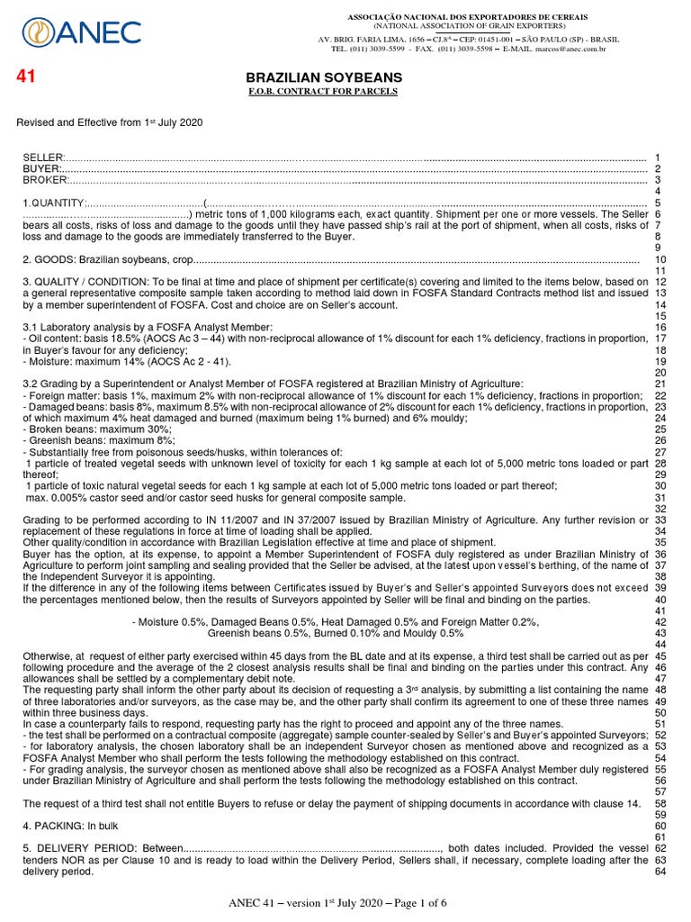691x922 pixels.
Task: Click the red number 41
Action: [x=27, y=77]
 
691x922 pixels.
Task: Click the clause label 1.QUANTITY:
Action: [x=54, y=203]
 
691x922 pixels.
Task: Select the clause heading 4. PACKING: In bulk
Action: [x=70, y=826]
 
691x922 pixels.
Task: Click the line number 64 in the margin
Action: [x=659, y=872]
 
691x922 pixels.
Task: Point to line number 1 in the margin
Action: [x=659, y=158]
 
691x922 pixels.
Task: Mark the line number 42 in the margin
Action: [x=659, y=621]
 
